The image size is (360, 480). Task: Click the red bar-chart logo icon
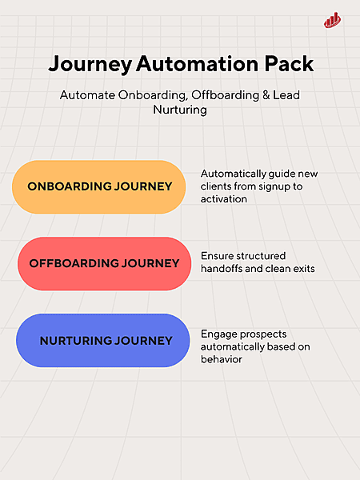pyautogui.click(x=333, y=20)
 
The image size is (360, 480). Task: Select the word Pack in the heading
pyautogui.click(x=285, y=65)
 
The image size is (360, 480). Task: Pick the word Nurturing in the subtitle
pyautogui.click(x=180, y=110)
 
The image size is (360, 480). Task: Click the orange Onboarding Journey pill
pyautogui.click(x=100, y=186)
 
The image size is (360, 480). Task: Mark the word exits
pyautogui.click(x=300, y=269)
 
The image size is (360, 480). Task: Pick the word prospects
pyautogui.click(x=266, y=334)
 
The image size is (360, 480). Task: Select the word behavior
pyautogui.click(x=222, y=359)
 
